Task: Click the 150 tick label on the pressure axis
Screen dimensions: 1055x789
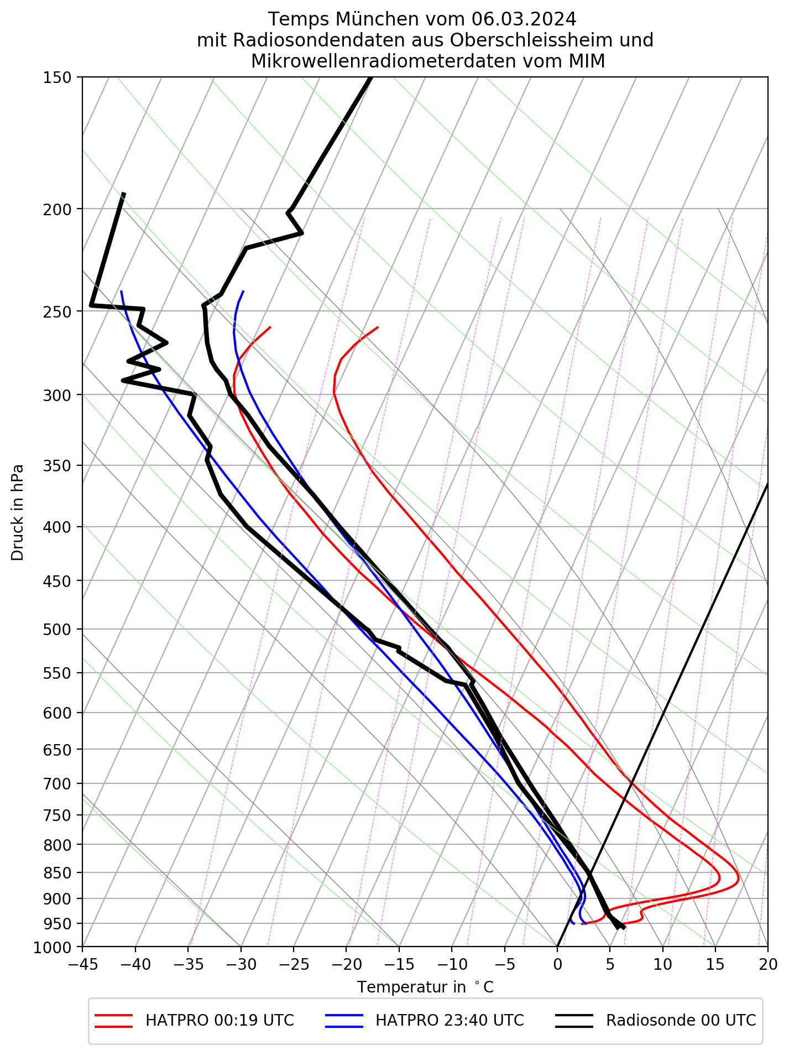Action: click(x=56, y=77)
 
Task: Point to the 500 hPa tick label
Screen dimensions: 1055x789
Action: click(x=56, y=630)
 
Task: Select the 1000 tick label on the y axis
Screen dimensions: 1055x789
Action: click(x=53, y=948)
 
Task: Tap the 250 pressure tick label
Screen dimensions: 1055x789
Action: click(x=56, y=311)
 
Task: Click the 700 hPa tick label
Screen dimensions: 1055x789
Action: click(x=56, y=784)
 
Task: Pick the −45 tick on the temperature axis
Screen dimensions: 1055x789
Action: click(x=82, y=965)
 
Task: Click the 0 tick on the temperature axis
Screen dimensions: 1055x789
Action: click(x=557, y=965)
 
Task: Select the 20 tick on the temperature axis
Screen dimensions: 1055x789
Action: click(x=767, y=965)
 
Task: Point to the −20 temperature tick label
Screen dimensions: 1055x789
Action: click(x=346, y=965)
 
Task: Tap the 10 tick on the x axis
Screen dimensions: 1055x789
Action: click(x=662, y=965)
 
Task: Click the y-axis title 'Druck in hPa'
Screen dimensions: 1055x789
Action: click(x=18, y=512)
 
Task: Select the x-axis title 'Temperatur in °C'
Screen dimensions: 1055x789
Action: click(x=425, y=988)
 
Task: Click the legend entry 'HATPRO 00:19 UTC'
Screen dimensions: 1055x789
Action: click(x=220, y=1021)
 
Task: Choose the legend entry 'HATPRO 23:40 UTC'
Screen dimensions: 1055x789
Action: click(x=450, y=1021)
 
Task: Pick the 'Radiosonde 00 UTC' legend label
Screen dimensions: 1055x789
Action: click(x=681, y=1021)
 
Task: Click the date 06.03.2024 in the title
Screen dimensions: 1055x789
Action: click(x=524, y=19)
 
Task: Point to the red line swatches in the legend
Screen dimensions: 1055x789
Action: click(x=114, y=1021)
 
